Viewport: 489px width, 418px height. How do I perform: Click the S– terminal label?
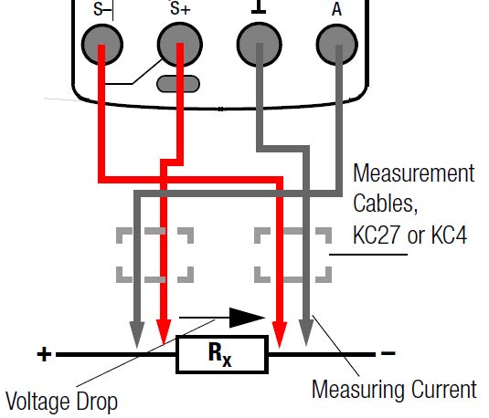[102, 9]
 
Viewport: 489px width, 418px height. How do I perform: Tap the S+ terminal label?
[180, 9]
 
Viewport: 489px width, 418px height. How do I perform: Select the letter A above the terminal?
[336, 9]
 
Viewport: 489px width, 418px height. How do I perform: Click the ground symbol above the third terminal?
[259, 7]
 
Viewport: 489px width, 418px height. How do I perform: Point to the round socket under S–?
[102, 45]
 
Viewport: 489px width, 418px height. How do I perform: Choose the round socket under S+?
[180, 45]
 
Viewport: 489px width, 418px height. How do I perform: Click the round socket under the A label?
[336, 45]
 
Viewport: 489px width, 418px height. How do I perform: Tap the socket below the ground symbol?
[260, 45]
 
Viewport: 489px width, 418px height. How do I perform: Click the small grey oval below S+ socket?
[178, 84]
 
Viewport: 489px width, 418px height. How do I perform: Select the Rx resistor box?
[222, 354]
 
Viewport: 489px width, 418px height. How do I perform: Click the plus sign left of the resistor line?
[44, 354]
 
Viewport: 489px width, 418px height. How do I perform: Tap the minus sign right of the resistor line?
[388, 353]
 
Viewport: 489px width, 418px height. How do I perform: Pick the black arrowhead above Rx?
[247, 318]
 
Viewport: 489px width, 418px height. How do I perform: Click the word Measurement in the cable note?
[414, 172]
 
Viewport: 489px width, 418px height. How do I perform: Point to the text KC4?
[450, 235]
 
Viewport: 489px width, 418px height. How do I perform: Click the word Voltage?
[39, 402]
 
